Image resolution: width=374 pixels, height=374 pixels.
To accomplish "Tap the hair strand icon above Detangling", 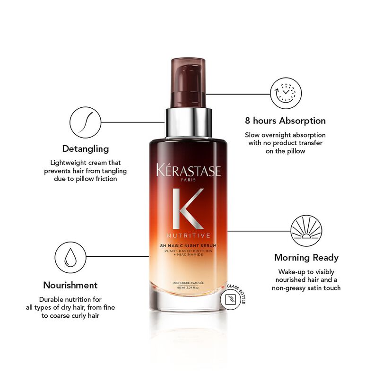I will pyautogui.click(x=84, y=122).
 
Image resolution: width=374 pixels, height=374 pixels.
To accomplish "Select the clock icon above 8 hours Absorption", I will pyautogui.click(x=285, y=90).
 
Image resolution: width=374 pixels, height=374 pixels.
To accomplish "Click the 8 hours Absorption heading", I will pyautogui.click(x=285, y=121).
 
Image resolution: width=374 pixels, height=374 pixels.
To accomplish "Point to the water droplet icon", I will pyautogui.click(x=70, y=256).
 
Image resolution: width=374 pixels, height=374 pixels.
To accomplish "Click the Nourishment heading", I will pyautogui.click(x=70, y=285).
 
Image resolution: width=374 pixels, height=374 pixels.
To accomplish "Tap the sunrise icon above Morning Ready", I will pyautogui.click(x=306, y=231).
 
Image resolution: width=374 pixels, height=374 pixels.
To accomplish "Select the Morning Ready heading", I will pyautogui.click(x=306, y=258).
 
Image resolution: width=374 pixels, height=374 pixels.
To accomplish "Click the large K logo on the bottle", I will pyautogui.click(x=188, y=209).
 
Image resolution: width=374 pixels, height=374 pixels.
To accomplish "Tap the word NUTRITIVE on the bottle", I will pyautogui.click(x=188, y=234).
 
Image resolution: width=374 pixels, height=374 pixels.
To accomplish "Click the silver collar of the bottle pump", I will pyautogui.click(x=188, y=121).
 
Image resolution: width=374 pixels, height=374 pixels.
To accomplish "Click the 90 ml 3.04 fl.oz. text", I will pyautogui.click(x=188, y=287).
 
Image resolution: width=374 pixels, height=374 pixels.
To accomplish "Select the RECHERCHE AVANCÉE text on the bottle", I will pyautogui.click(x=188, y=283).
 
